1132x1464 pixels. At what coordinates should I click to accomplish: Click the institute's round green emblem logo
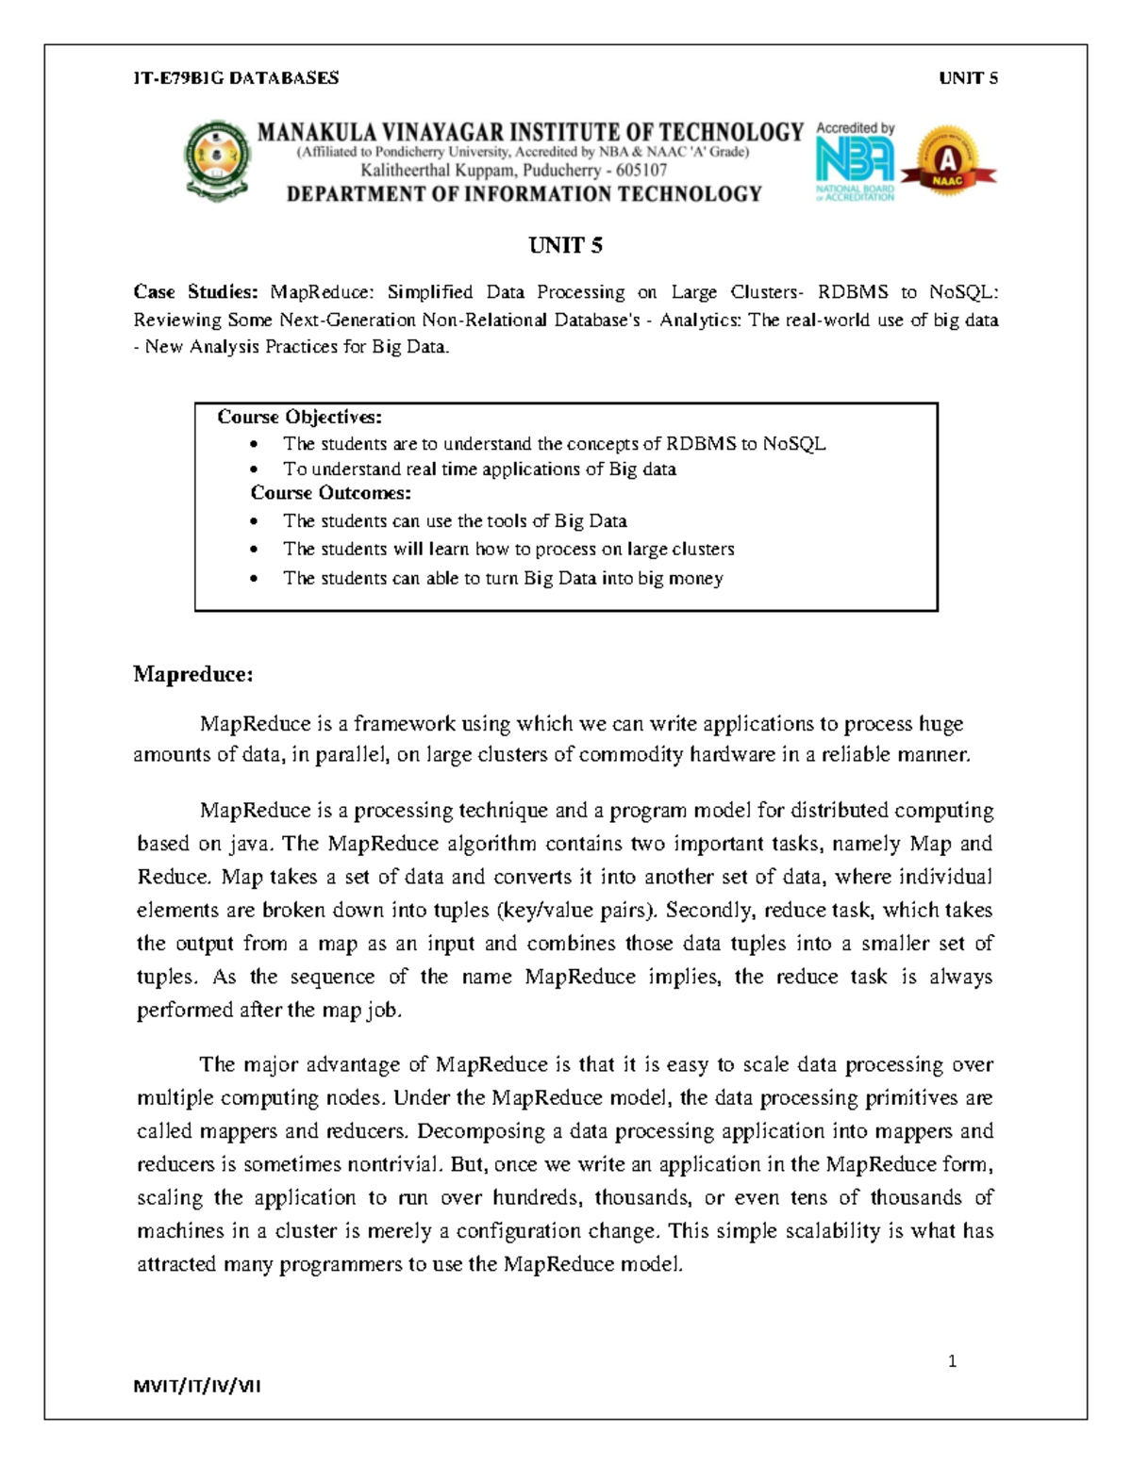(218, 160)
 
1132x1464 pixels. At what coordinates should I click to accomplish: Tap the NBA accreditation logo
(855, 161)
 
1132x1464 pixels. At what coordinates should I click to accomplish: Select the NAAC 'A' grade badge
(948, 161)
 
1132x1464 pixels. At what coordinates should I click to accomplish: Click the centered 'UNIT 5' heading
(565, 246)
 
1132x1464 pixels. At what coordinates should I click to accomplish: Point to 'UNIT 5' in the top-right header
(968, 78)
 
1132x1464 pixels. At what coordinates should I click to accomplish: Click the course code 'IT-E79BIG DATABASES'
(236, 78)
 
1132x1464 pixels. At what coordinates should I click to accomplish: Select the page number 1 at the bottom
(952, 1360)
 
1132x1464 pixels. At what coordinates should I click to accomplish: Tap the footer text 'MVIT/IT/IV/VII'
(197, 1386)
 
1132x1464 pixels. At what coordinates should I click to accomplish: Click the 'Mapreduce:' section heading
(193, 674)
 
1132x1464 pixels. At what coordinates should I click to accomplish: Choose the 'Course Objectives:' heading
(299, 417)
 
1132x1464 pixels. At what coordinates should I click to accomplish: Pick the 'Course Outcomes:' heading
(330, 493)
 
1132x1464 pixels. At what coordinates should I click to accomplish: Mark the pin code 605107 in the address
(641, 171)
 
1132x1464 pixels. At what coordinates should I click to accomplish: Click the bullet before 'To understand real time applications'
(253, 469)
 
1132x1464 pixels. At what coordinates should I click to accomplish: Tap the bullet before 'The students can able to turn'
(253, 579)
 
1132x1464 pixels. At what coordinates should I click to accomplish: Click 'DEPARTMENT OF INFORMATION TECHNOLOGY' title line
(524, 194)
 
